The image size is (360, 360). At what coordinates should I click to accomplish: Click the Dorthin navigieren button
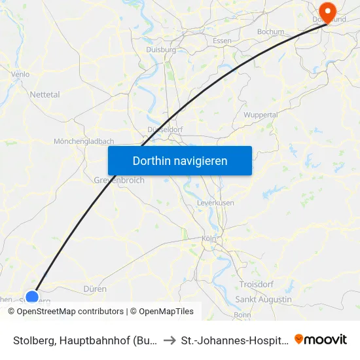180,160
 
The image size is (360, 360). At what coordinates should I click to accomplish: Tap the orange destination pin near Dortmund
325,12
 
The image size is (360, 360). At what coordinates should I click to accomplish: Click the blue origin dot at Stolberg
31,298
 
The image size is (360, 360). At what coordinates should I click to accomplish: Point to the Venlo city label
20,74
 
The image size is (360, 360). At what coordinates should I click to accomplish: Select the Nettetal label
45,95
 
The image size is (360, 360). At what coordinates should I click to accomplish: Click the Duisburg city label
161,49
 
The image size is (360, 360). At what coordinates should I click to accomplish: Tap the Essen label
223,41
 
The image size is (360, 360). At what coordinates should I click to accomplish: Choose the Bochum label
271,31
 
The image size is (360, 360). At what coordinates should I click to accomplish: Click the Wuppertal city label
261,115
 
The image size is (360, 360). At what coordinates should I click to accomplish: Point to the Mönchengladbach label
84,141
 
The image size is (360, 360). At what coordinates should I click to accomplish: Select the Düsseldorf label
165,130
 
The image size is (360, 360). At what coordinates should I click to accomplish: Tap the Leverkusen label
215,203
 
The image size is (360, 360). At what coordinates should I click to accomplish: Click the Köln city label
209,238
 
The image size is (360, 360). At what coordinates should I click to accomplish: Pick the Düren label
95,289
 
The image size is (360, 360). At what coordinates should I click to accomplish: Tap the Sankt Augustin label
263,299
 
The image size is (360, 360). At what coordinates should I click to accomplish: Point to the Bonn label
242,315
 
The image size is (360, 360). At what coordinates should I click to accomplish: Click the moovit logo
321,339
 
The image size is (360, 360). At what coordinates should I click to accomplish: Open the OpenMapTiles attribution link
164,312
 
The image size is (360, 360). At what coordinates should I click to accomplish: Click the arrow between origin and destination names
169,340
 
